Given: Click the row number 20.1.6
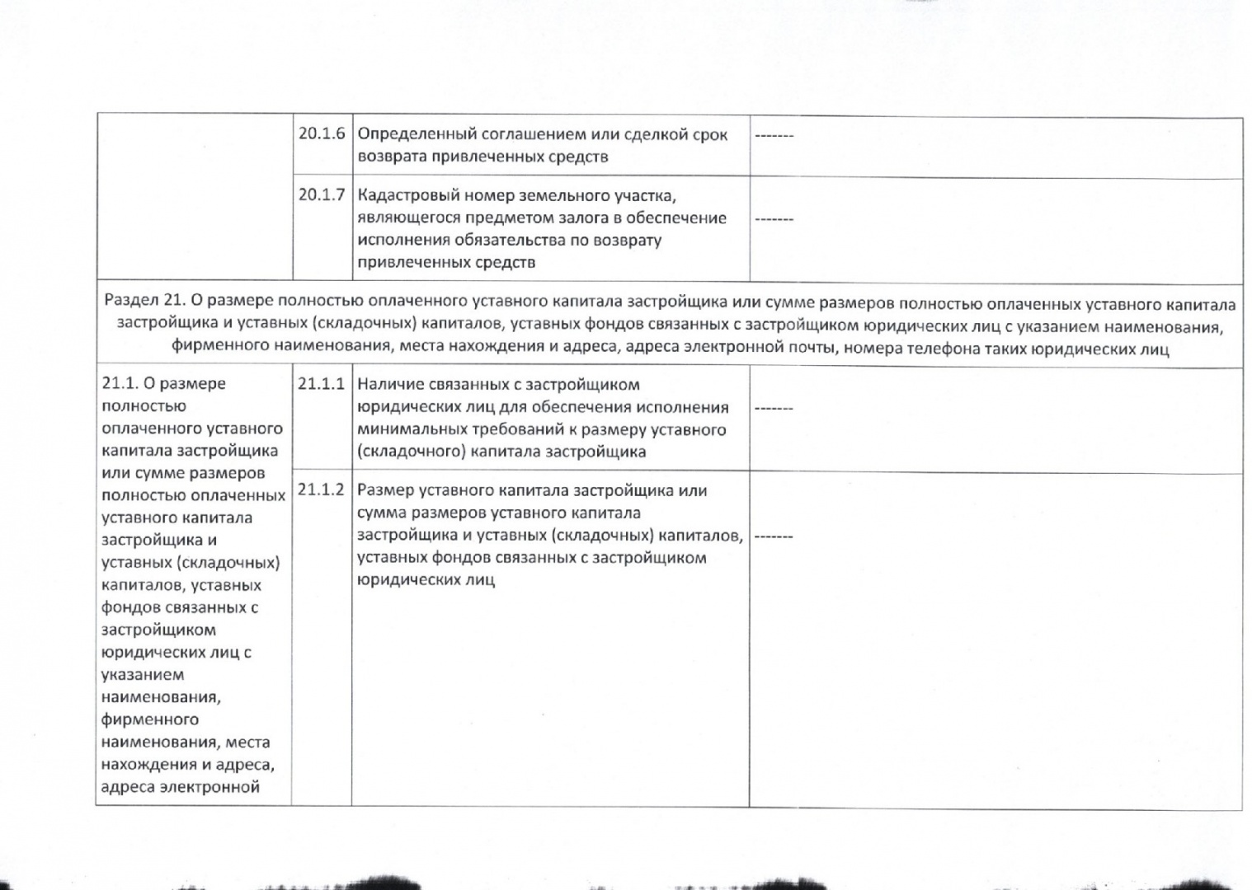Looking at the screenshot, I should (321, 133).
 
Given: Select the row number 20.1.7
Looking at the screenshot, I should (321, 195).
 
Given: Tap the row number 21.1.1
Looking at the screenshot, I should (321, 384).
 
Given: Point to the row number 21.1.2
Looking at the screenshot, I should (321, 489).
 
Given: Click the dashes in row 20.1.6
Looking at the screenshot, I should (774, 134).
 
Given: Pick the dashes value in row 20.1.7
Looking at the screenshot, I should (774, 219).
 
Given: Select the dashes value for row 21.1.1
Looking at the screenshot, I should (774, 408).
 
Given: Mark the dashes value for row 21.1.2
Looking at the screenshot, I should (774, 536).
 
